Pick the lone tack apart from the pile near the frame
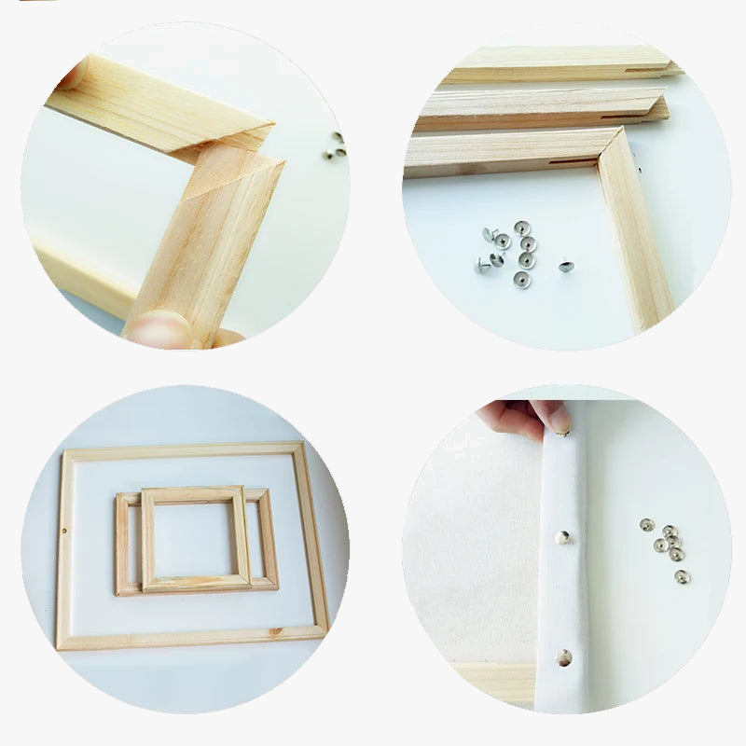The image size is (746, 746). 565,266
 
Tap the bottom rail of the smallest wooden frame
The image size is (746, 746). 196,583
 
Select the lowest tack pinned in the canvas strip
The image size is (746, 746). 564,656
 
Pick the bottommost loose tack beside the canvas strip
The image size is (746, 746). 682,575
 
